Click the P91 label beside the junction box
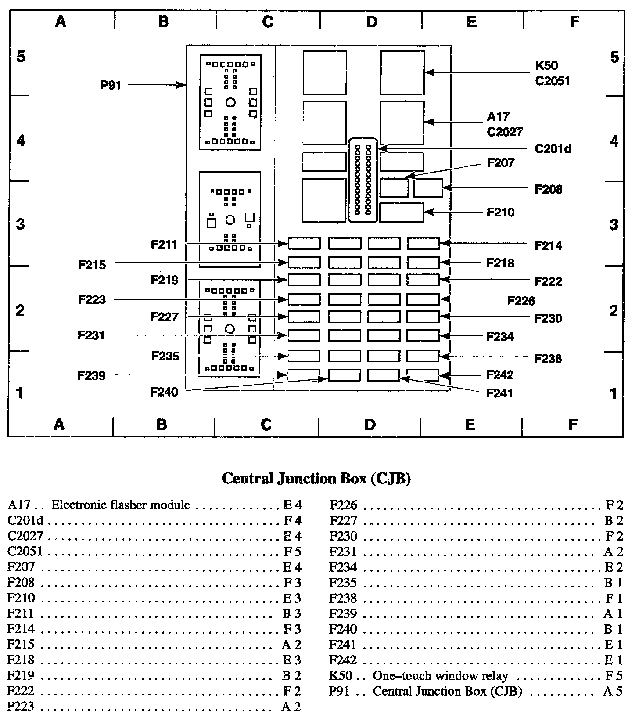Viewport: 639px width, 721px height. [111, 85]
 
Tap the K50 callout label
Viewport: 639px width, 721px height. [546, 65]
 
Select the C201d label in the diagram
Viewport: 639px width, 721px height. [553, 149]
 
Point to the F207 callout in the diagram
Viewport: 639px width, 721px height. [500, 163]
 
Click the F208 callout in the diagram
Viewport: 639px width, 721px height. [548, 189]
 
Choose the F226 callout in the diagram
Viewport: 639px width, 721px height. [521, 301]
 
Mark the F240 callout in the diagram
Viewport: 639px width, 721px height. [164, 392]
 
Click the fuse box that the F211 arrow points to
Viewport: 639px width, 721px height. [304, 243]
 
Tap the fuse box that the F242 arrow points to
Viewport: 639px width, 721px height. [423, 375]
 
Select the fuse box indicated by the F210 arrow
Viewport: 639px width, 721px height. [402, 213]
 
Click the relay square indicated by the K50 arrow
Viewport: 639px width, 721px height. [402, 73]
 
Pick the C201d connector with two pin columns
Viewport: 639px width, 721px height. [363, 180]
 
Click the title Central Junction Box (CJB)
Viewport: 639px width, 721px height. [316, 478]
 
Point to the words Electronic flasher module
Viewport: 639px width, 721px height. [121, 505]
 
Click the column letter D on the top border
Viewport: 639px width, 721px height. [371, 22]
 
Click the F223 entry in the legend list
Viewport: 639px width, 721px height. [21, 707]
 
